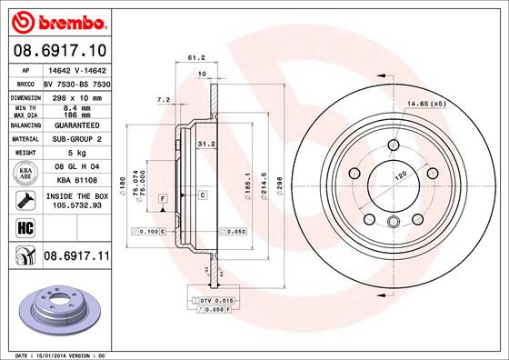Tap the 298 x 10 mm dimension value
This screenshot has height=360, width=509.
point(73,96)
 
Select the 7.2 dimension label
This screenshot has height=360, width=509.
point(164,99)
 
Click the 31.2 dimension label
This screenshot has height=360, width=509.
point(205,143)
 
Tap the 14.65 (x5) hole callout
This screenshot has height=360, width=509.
point(426,104)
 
